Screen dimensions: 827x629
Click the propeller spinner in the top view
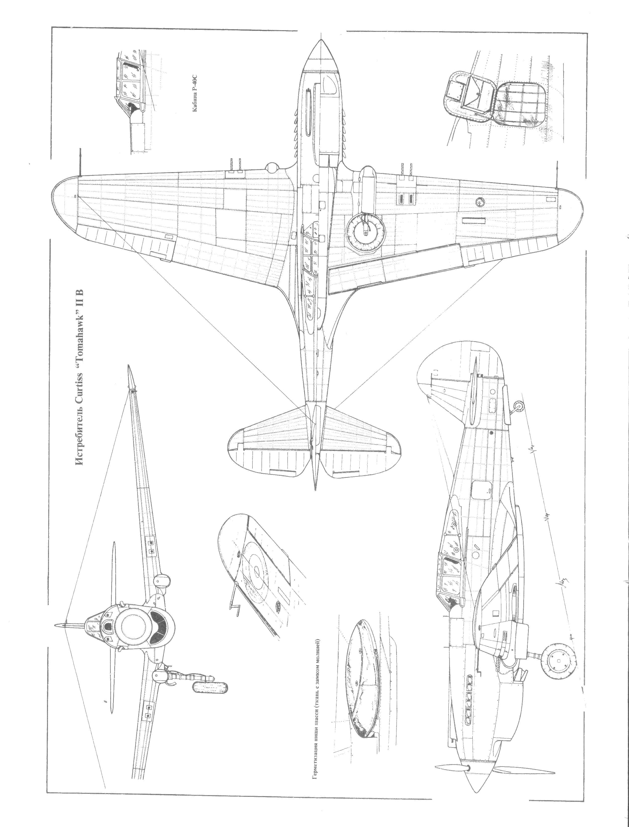pyautogui.click(x=321, y=56)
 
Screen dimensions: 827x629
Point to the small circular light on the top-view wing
pyautogui.click(x=480, y=202)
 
